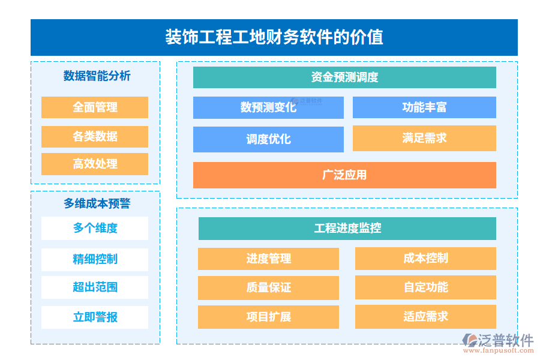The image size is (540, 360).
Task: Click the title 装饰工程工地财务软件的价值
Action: point(274,37)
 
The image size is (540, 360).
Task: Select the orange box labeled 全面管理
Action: point(95,107)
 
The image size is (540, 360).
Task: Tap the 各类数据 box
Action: point(95,136)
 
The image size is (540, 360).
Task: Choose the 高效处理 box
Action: point(95,164)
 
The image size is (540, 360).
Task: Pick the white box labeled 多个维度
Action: point(95,228)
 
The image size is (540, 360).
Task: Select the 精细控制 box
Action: point(95,259)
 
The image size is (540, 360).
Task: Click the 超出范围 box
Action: point(95,287)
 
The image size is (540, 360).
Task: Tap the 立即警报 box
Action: point(95,317)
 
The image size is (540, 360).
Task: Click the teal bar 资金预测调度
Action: point(344,77)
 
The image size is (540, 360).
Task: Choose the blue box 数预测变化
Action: point(268,107)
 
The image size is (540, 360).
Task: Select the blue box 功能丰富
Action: point(424,107)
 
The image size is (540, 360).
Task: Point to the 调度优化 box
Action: point(268,139)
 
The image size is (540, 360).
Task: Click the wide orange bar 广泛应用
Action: point(344,175)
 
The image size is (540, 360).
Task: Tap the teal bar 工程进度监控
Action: point(347,229)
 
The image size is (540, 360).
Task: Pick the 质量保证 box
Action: point(268,287)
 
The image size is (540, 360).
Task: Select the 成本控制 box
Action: point(425,259)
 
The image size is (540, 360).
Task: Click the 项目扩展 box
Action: point(268,317)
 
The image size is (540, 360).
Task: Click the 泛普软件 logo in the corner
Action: point(497,341)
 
